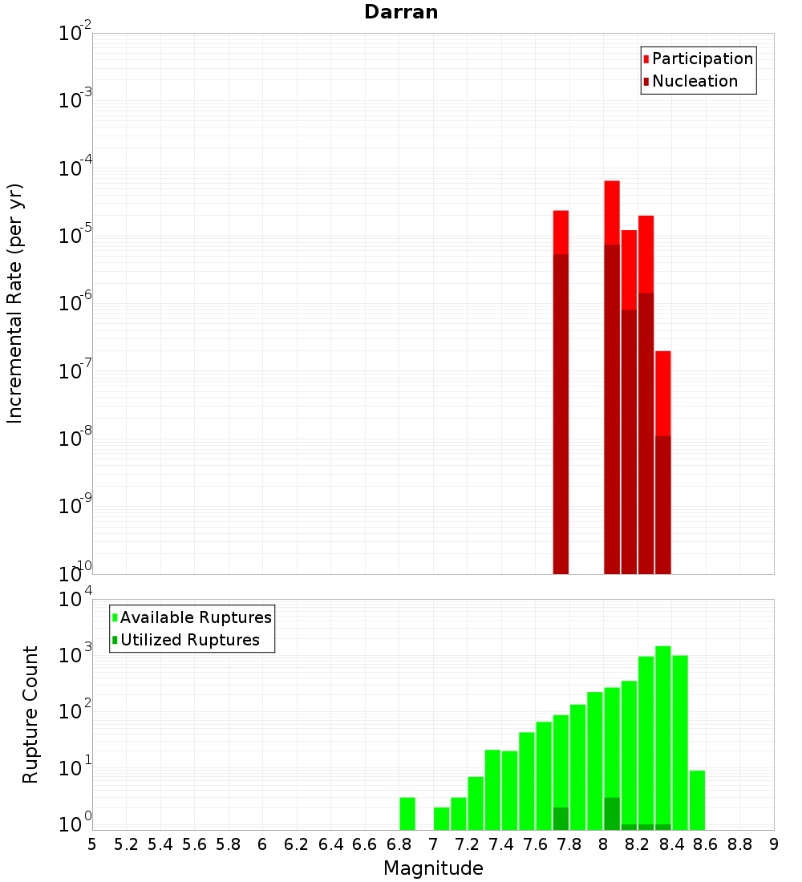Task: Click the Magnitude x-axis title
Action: click(x=433, y=868)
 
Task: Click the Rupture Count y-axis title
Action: click(x=30, y=714)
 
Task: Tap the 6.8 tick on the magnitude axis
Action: click(x=399, y=844)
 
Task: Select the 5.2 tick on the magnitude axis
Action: click(x=126, y=844)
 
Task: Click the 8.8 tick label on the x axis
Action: click(x=739, y=844)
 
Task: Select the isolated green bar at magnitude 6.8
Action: click(x=407, y=814)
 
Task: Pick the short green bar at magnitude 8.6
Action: click(x=697, y=800)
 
